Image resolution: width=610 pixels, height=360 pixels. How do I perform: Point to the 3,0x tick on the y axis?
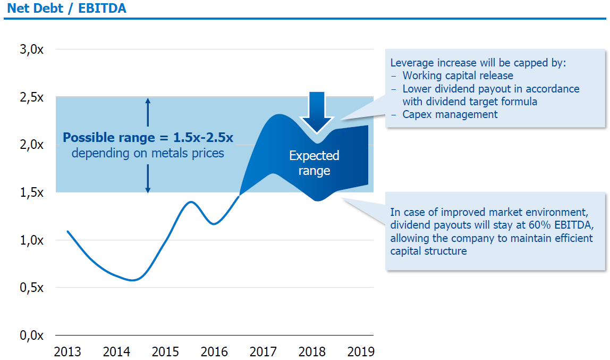[31, 49]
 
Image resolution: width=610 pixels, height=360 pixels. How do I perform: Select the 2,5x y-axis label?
[31, 97]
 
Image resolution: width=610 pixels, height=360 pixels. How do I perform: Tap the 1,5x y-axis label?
[31, 192]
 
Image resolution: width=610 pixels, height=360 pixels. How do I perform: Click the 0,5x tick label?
[31, 288]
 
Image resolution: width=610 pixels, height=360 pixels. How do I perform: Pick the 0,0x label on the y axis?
[31, 336]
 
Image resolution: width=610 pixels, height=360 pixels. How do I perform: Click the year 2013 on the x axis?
[67, 351]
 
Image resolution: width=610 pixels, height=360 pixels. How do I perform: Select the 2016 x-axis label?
[215, 351]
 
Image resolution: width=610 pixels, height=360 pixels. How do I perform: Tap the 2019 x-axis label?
[361, 351]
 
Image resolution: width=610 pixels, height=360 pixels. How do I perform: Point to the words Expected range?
[314, 163]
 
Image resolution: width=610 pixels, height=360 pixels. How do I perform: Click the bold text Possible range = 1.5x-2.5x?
[148, 138]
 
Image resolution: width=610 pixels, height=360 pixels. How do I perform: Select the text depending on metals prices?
[148, 153]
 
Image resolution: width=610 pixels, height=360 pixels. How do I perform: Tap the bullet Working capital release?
[457, 76]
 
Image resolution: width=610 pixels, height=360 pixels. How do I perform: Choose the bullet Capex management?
[450, 114]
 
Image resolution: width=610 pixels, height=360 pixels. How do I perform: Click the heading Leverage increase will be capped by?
[478, 62]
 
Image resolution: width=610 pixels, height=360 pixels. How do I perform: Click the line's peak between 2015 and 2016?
[190, 202]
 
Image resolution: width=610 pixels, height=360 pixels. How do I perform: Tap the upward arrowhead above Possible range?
[148, 102]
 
